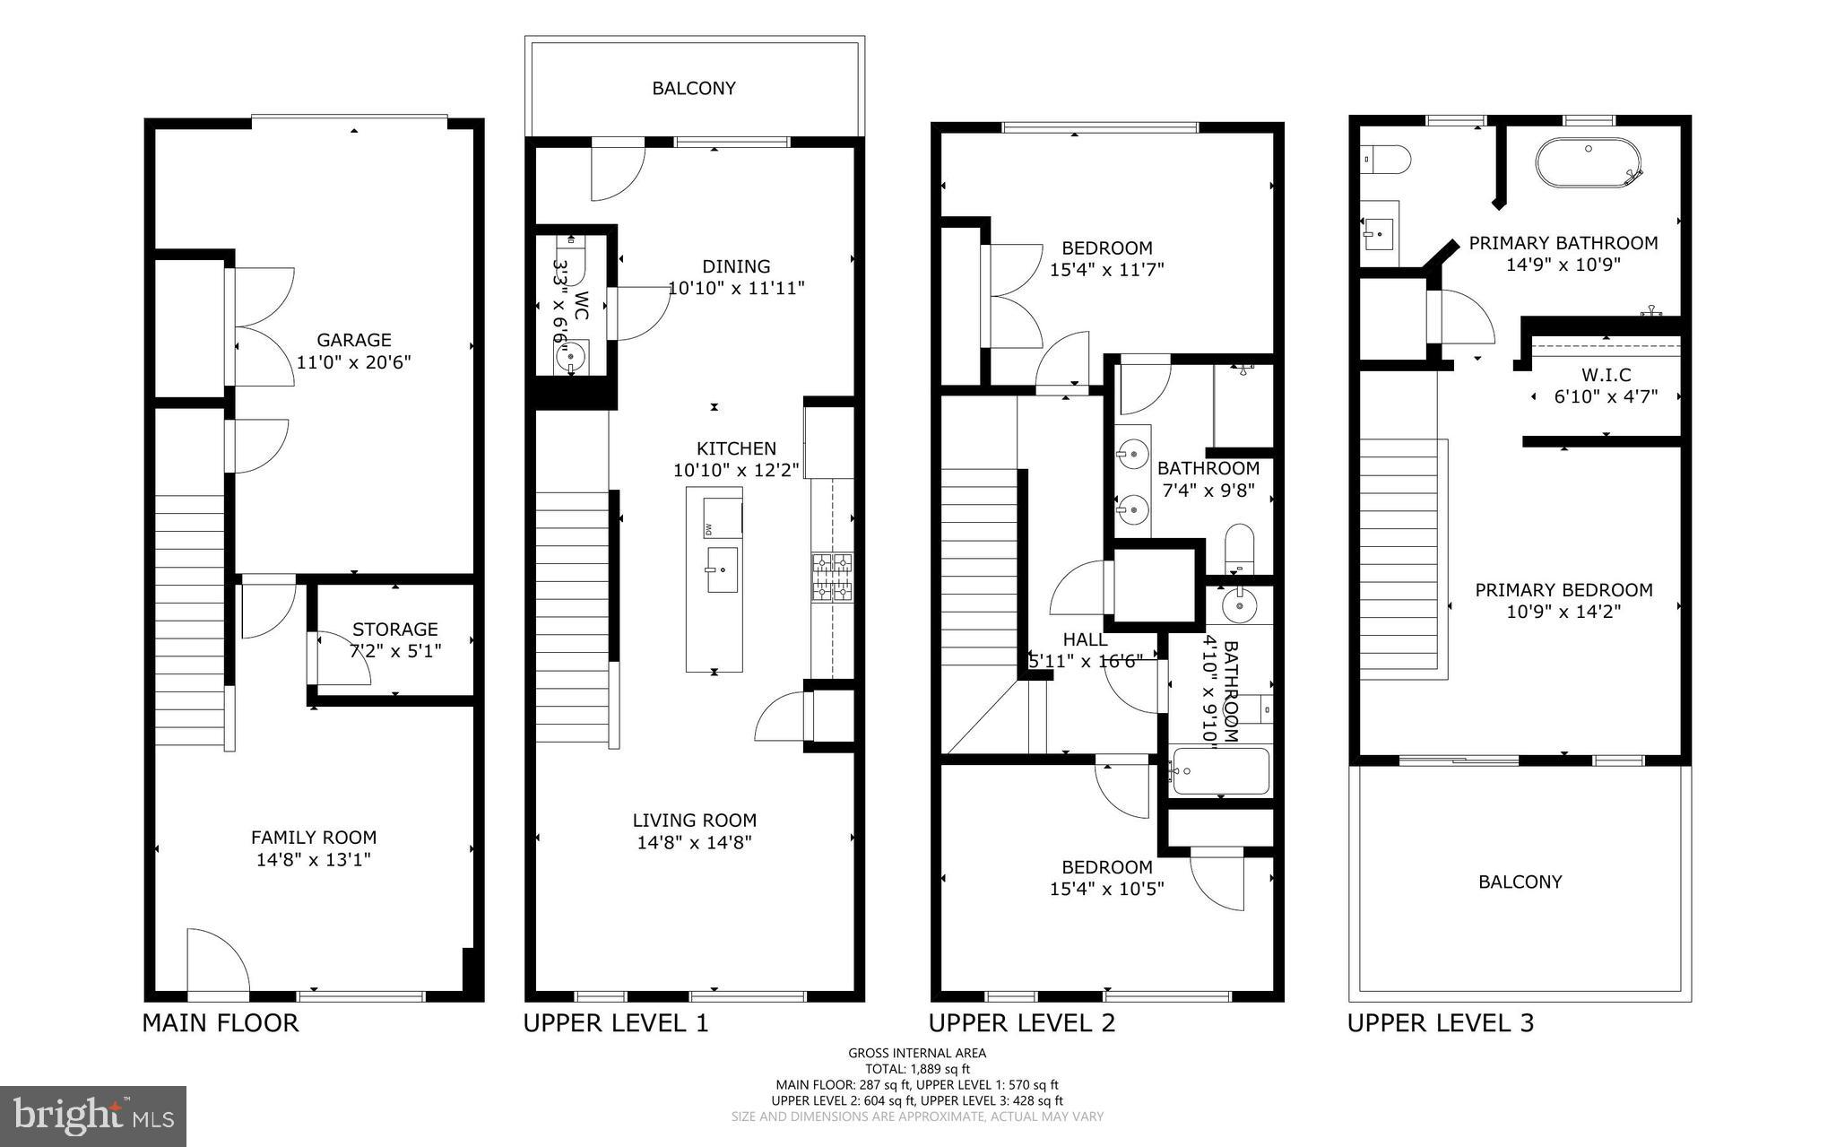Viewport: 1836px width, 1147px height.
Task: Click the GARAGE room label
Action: pyautogui.click(x=354, y=340)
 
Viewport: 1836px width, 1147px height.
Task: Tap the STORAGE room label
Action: pyautogui.click(x=394, y=630)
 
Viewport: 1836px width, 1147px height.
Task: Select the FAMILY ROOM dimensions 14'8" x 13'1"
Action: pyautogui.click(x=314, y=860)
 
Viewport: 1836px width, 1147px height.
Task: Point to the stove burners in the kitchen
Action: pyautogui.click(x=832, y=577)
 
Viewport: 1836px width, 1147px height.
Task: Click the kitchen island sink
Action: pyautogui.click(x=722, y=569)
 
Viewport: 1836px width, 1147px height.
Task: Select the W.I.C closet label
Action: pyautogui.click(x=1606, y=374)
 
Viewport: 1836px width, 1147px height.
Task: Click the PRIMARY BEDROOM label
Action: pyautogui.click(x=1563, y=590)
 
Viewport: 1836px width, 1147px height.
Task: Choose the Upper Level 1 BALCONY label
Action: pyautogui.click(x=694, y=88)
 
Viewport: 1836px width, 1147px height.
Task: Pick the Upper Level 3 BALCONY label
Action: pyautogui.click(x=1520, y=882)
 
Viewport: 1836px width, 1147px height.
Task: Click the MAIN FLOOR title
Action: pyautogui.click(x=221, y=1023)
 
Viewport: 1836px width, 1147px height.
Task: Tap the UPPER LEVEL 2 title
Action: pyautogui.click(x=1022, y=1023)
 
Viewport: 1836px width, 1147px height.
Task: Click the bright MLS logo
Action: pyautogui.click(x=93, y=1117)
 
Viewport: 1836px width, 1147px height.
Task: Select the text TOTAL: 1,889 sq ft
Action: pyautogui.click(x=917, y=1069)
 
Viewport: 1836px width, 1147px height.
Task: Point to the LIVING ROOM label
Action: pyautogui.click(x=694, y=821)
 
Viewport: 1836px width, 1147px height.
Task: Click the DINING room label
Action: pyautogui.click(x=736, y=266)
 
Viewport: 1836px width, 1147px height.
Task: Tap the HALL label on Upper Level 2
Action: pyautogui.click(x=1085, y=639)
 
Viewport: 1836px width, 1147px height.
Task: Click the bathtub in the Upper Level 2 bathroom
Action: pyautogui.click(x=1221, y=771)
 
